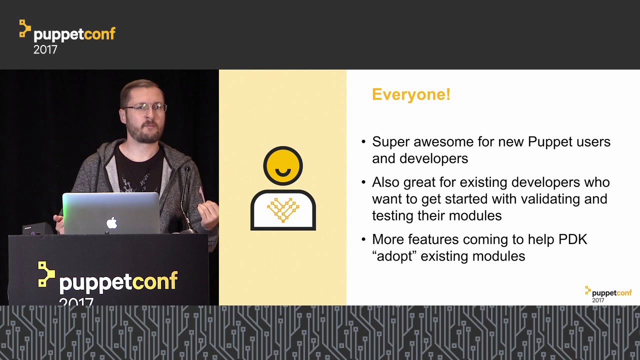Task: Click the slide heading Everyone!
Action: pyautogui.click(x=411, y=94)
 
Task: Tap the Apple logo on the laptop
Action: pyautogui.click(x=112, y=223)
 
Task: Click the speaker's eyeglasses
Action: pyautogui.click(x=144, y=107)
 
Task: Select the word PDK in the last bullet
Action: pyautogui.click(x=573, y=239)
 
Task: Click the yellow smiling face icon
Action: pyautogui.click(x=283, y=165)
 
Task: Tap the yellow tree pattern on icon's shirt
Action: pyautogui.click(x=283, y=209)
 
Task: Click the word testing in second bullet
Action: pyautogui.click(x=393, y=216)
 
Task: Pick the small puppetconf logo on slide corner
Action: pyautogui.click(x=608, y=294)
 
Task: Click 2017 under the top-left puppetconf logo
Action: pyautogui.click(x=45, y=49)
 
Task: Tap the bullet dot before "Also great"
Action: pyautogui.click(x=363, y=182)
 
